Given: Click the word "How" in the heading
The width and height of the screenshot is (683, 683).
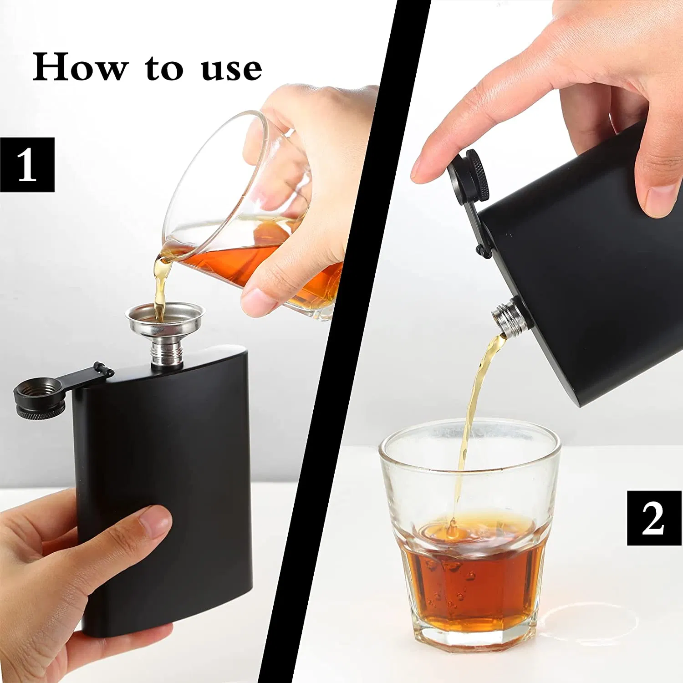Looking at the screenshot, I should point(80,67).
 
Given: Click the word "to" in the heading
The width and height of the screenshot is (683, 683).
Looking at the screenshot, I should point(164,68).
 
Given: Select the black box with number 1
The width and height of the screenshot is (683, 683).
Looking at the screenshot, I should point(27,164).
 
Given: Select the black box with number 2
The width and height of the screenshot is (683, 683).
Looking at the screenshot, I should point(654,518).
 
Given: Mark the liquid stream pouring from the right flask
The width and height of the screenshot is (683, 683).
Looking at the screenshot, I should point(474,401).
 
